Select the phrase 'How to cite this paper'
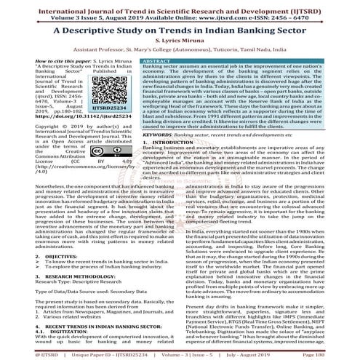click(x=39, y=62)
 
